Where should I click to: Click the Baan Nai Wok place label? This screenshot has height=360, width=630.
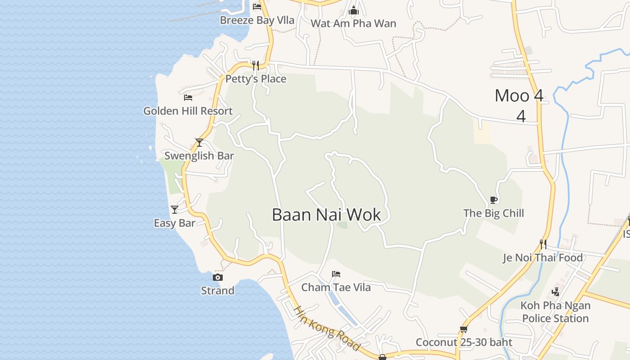pos(326,215)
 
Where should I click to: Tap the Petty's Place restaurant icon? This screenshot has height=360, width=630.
pos(256,66)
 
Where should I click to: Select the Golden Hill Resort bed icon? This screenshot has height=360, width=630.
pos(188,97)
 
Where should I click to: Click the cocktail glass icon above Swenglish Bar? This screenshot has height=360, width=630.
pos(199,143)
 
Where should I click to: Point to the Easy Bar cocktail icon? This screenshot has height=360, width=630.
pos(174,210)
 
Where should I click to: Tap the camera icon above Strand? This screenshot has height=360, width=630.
pos(218,277)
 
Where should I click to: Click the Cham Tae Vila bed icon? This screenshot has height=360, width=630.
pos(336,274)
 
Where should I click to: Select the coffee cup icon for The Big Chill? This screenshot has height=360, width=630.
pos(493,200)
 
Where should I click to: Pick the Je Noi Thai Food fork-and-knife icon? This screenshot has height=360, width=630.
pos(543,244)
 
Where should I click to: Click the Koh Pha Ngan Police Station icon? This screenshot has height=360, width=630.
pos(556,292)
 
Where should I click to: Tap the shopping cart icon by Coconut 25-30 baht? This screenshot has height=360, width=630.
pos(463,329)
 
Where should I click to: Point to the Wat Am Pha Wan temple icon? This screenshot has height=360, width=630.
pos(354,10)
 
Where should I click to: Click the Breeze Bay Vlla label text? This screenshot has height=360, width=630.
pos(257,20)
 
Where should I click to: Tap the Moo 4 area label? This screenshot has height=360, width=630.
pos(519,96)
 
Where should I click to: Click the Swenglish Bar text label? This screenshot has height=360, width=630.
pos(199,156)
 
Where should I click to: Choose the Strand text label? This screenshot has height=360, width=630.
pos(218,291)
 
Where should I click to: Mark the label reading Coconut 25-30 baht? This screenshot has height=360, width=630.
pos(463,342)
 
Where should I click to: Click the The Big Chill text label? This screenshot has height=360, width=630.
pos(494,213)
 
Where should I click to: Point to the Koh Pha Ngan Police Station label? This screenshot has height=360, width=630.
pos(555,312)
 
